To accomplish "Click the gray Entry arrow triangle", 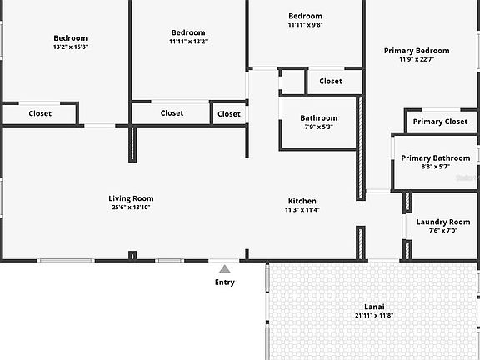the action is click(x=225, y=269).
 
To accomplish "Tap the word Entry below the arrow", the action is click(x=225, y=282).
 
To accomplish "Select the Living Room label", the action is click(x=131, y=198).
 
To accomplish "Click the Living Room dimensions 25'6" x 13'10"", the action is click(x=131, y=207).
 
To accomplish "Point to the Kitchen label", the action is click(x=302, y=201).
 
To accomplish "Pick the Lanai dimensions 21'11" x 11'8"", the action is click(x=374, y=315).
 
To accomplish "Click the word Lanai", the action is click(x=374, y=307).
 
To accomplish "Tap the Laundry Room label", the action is click(x=443, y=222).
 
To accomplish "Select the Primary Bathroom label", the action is click(x=436, y=158).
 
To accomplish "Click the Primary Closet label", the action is click(x=440, y=122).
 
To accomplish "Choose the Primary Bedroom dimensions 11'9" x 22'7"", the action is click(x=417, y=59).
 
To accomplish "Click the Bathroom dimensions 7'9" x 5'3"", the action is click(x=318, y=127).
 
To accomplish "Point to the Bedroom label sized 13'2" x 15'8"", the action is click(x=70, y=38).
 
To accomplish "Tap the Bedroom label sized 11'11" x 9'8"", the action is click(x=305, y=16).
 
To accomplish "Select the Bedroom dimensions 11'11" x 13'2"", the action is click(x=188, y=42).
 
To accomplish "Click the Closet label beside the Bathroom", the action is click(x=331, y=82).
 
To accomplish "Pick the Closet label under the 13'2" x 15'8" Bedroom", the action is click(x=40, y=113).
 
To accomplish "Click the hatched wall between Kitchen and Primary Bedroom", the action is click(x=361, y=148).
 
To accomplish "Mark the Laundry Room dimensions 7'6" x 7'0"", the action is click(x=443, y=231).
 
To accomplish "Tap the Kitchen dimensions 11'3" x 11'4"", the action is click(x=302, y=210).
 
